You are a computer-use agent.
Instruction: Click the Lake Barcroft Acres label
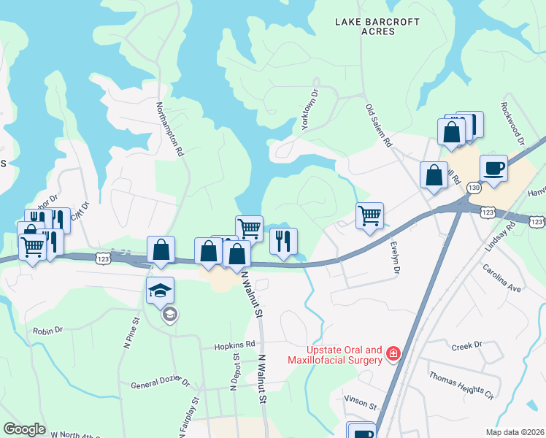[375, 27]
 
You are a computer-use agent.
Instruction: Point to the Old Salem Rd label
[379, 126]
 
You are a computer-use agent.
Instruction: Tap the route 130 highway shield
[474, 188]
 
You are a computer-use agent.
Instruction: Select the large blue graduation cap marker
[161, 290]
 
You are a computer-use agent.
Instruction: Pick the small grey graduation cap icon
[169, 315]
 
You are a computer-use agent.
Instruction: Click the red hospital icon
[393, 354]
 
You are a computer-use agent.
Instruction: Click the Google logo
[24, 429]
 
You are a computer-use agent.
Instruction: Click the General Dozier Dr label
[160, 383]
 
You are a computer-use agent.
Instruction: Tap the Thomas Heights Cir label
[461, 385]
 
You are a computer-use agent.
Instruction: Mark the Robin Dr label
[48, 331]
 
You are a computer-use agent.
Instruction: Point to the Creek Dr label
[467, 345]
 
